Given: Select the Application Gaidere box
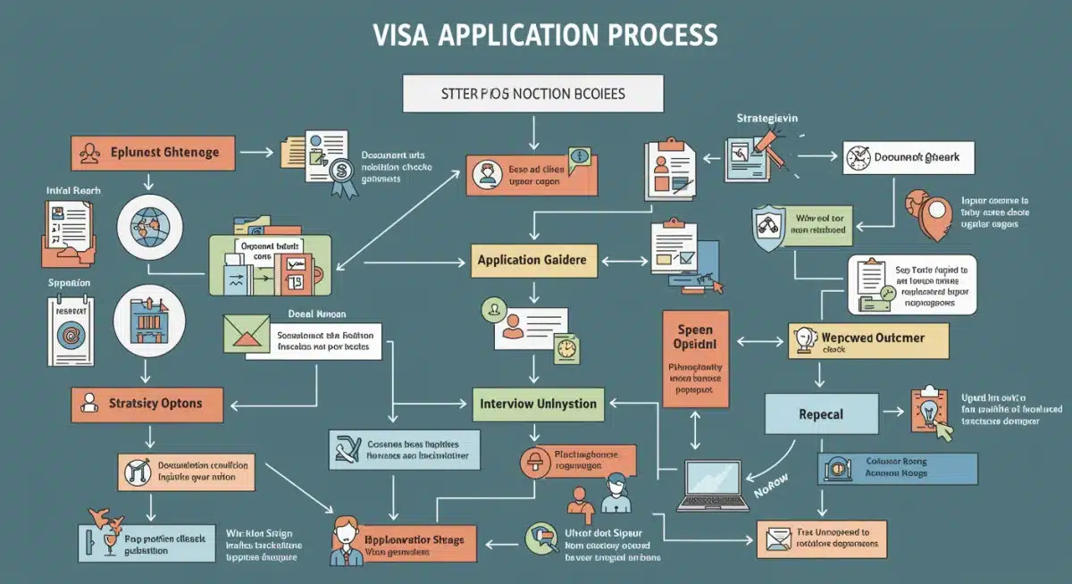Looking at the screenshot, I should click(x=532, y=260).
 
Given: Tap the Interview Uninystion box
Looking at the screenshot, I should click(x=539, y=403).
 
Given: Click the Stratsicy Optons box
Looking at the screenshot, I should click(x=144, y=404).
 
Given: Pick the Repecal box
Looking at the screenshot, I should click(x=821, y=414).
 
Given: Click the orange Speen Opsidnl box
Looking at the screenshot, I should click(x=696, y=358).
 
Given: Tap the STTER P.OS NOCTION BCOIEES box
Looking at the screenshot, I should click(x=533, y=94).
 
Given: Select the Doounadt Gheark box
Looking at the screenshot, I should click(x=909, y=158).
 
